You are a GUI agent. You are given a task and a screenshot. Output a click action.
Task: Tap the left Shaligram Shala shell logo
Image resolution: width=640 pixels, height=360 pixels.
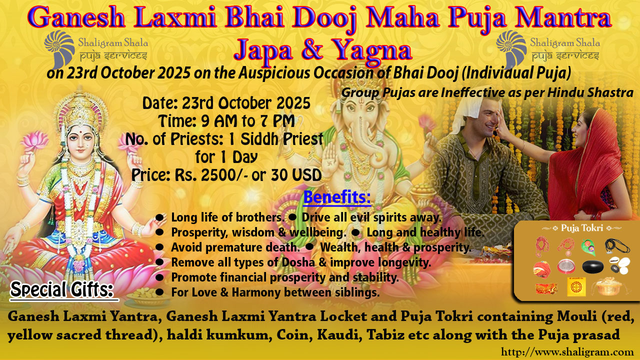point(59,49)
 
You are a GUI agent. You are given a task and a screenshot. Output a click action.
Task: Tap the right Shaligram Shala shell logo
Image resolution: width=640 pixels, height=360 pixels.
point(511,49)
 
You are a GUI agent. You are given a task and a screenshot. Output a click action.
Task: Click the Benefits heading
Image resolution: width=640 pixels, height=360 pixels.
point(337,197)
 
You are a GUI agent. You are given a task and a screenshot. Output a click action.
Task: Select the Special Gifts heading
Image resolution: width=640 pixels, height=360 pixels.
point(61,289)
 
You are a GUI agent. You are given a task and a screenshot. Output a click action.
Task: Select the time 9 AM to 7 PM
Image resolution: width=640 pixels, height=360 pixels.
point(247,121)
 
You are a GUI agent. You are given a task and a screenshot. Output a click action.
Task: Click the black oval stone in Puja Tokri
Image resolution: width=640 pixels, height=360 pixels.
point(593,266)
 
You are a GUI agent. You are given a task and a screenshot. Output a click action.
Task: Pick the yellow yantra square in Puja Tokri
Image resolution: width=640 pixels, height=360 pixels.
point(576,286)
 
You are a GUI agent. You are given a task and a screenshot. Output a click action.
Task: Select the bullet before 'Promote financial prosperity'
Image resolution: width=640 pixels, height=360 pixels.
point(159,277)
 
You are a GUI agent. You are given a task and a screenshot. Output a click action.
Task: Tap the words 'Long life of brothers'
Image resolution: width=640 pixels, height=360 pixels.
point(227,217)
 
